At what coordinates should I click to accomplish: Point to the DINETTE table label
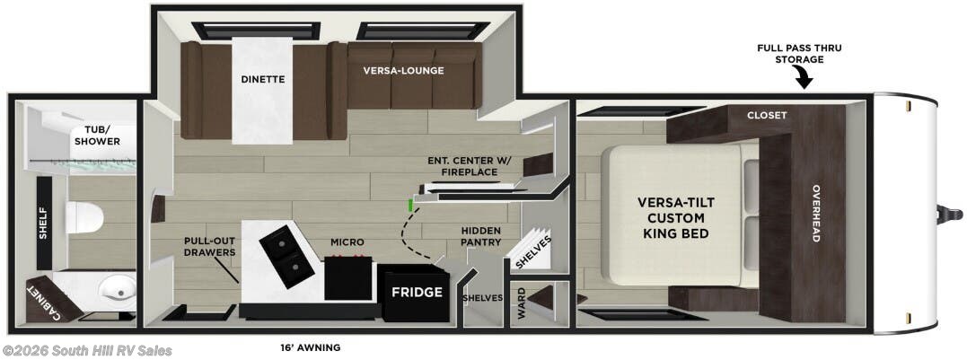[262, 79]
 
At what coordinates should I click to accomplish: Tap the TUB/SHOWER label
[97, 135]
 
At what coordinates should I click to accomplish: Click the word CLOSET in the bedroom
[767, 115]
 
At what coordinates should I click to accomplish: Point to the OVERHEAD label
[816, 214]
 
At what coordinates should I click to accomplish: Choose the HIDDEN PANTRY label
[480, 237]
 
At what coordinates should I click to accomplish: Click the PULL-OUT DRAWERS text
[210, 247]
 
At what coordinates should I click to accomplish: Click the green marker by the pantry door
[410, 205]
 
